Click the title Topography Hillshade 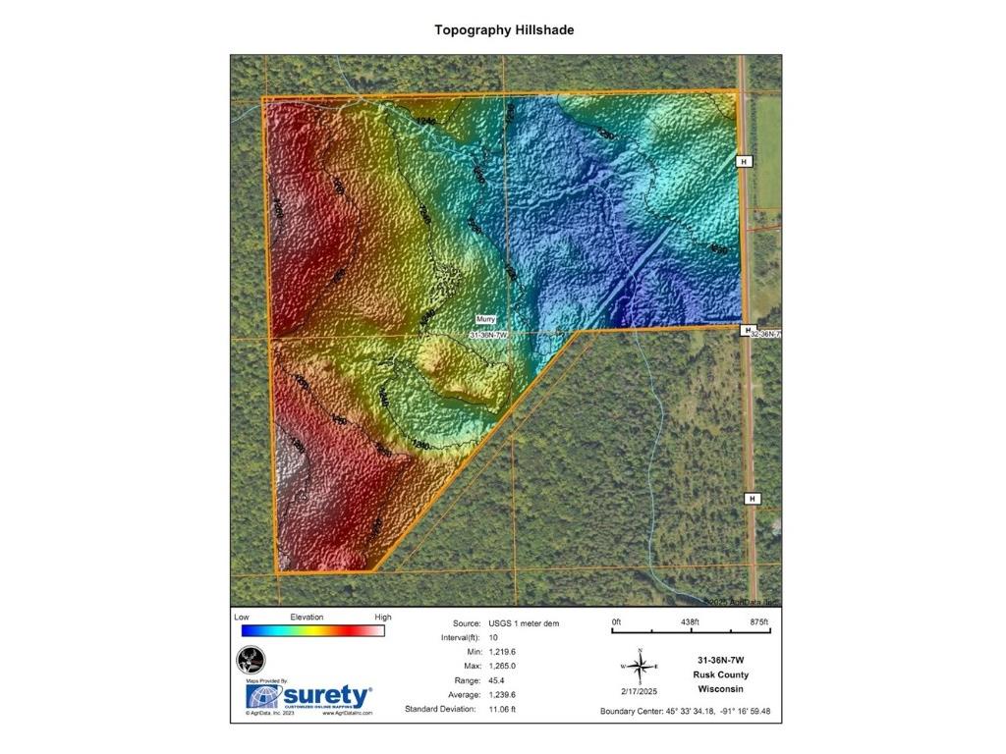click(504, 30)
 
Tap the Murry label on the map click(486, 319)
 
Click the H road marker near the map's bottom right click(753, 499)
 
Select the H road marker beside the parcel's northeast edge click(744, 161)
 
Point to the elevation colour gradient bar click(312, 631)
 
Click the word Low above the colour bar click(242, 618)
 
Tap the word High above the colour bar click(382, 618)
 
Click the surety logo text click(327, 696)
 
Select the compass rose click(640, 668)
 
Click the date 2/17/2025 click(639, 693)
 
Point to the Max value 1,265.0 click(502, 666)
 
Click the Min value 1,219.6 click(502, 652)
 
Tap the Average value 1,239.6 click(502, 694)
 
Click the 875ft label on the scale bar click(758, 622)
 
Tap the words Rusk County click(720, 674)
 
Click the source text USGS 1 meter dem click(524, 623)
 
